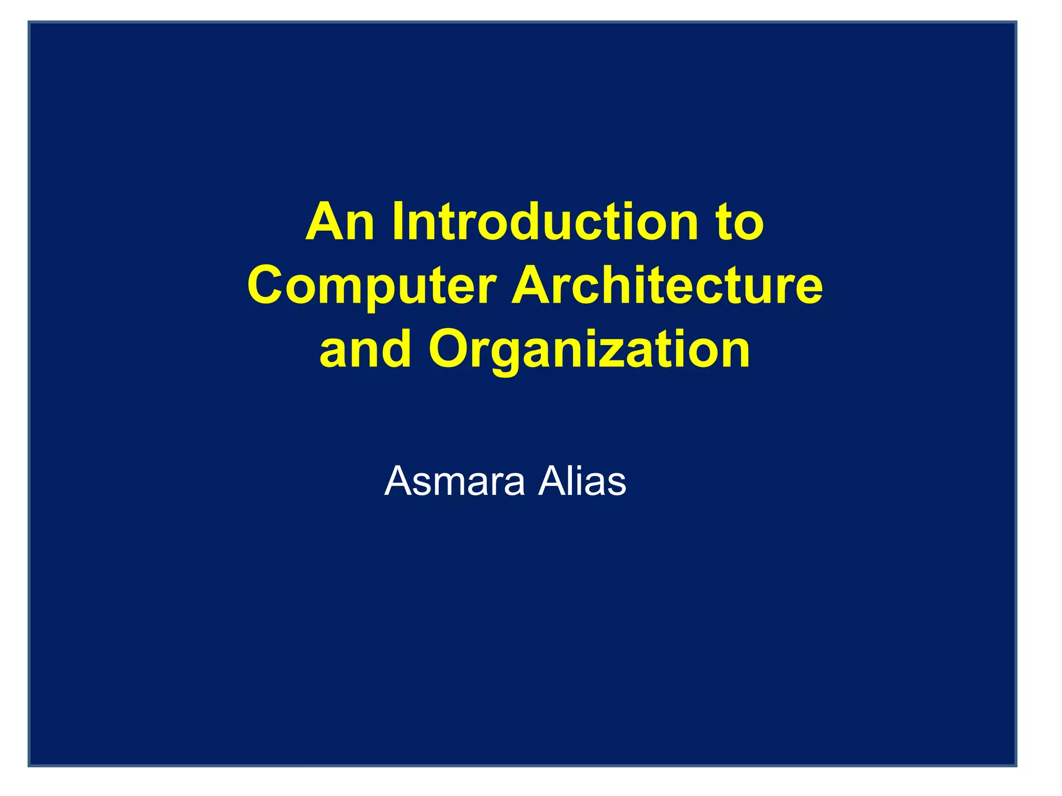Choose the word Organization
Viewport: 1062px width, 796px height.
[x=589, y=350]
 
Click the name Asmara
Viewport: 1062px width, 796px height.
[x=454, y=481]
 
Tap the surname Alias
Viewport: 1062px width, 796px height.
[x=582, y=481]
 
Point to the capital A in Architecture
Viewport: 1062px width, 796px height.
[x=533, y=286]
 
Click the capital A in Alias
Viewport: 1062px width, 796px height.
[x=552, y=481]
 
